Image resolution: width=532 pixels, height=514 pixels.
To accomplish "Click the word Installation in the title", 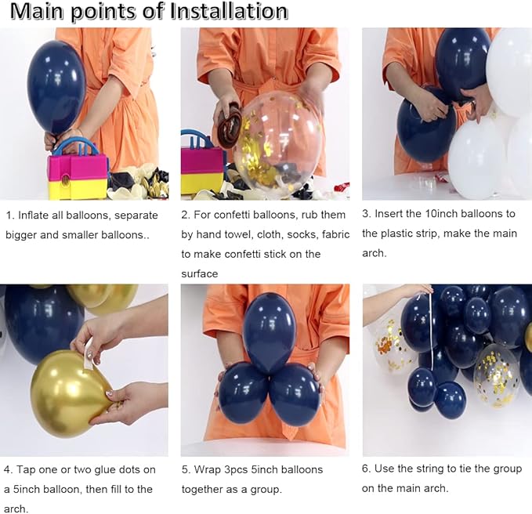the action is [229, 11].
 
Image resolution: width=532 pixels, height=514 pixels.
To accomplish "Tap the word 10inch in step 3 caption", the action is [441, 214].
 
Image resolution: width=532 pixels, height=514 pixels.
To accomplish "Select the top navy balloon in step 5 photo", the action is [270, 332].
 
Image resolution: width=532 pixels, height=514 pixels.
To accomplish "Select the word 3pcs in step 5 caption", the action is [236, 470].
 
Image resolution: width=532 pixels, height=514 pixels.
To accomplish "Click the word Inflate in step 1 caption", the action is [33, 215].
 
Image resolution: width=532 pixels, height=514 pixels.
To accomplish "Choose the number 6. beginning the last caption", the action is [367, 469].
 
